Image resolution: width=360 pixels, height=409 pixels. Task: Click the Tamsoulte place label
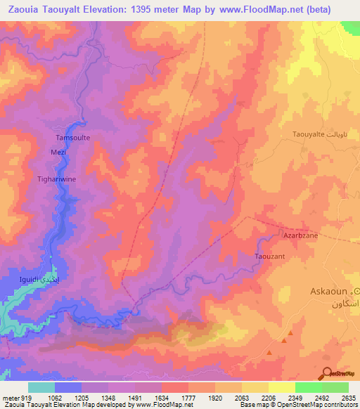[72, 138]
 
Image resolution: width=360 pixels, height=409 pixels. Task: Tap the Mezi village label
[58, 151]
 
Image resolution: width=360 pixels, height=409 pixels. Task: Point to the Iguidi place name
[32, 279]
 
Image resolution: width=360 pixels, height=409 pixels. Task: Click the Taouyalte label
[313, 134]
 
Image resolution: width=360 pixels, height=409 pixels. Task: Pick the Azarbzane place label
[300, 235]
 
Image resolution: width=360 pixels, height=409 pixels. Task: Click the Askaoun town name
[330, 291]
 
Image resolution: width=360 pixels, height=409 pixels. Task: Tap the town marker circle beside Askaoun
[357, 291]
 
